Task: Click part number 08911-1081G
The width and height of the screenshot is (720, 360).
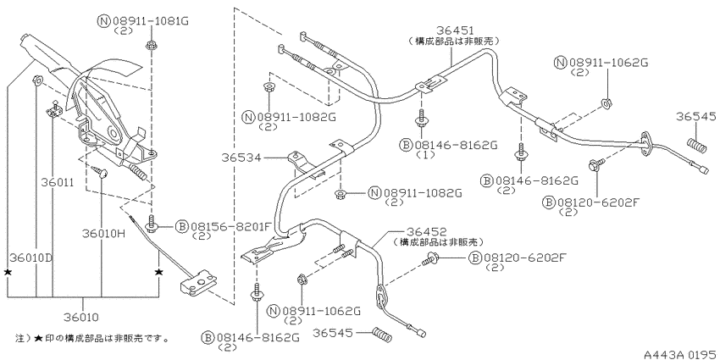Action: coord(150,21)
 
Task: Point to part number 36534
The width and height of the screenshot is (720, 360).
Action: coord(241,158)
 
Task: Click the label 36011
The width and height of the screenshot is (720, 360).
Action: coord(58,182)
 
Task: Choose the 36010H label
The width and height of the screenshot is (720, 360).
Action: coord(103,234)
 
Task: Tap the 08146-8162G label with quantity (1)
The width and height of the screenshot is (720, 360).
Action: coord(456,145)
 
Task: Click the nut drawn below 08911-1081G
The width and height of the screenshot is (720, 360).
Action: coord(151,45)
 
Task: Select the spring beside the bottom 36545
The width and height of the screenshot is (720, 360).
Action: coord(383,334)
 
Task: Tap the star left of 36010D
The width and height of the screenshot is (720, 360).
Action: coord(8,272)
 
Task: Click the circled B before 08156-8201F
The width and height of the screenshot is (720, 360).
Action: coord(182,226)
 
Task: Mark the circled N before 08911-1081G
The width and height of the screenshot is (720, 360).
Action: coord(102,21)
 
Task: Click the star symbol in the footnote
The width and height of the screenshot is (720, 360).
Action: coord(39,339)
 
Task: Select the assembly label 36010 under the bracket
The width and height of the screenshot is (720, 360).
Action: coord(83,317)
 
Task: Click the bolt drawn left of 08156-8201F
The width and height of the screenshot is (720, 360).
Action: coord(151,223)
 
